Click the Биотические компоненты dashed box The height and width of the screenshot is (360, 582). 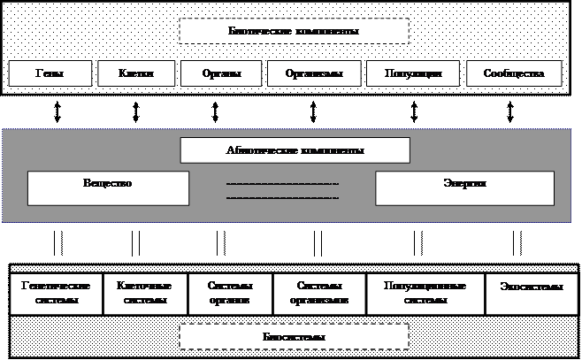[294, 31]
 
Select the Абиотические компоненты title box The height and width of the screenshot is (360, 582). [295, 150]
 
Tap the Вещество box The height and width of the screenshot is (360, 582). [108, 188]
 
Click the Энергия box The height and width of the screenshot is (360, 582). [464, 188]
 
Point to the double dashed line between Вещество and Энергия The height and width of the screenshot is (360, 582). [282, 190]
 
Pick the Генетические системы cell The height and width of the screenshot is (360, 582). [56, 293]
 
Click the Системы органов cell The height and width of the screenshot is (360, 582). [230, 293]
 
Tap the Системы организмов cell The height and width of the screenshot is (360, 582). [319, 293]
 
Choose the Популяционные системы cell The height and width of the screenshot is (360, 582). [425, 293]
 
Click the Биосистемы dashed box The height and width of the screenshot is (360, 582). [294, 337]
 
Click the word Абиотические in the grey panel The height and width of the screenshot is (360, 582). [261, 150]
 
